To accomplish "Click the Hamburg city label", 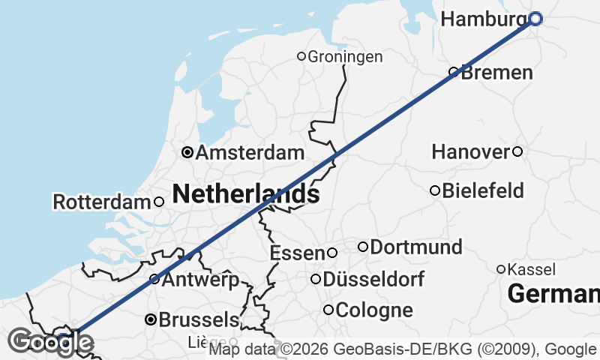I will click(x=484, y=19).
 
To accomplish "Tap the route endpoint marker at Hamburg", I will click(x=535, y=19).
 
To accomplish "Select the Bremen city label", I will click(x=497, y=73).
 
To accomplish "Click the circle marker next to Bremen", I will click(x=454, y=72).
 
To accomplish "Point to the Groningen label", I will click(x=345, y=56).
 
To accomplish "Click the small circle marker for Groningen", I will click(x=301, y=55).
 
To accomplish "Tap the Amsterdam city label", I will click(x=250, y=153).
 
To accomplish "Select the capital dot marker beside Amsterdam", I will click(x=187, y=153).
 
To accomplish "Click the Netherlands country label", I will click(x=246, y=194).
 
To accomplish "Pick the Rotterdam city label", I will click(x=102, y=202).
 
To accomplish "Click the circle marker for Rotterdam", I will click(x=159, y=202).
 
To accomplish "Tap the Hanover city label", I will click(x=471, y=152).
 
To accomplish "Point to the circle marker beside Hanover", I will click(x=517, y=151).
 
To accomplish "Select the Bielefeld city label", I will click(x=483, y=190).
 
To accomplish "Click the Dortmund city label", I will click(x=416, y=247).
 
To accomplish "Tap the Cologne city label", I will click(x=374, y=310).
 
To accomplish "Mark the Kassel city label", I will click(x=531, y=269).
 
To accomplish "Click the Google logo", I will click(x=49, y=343).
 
